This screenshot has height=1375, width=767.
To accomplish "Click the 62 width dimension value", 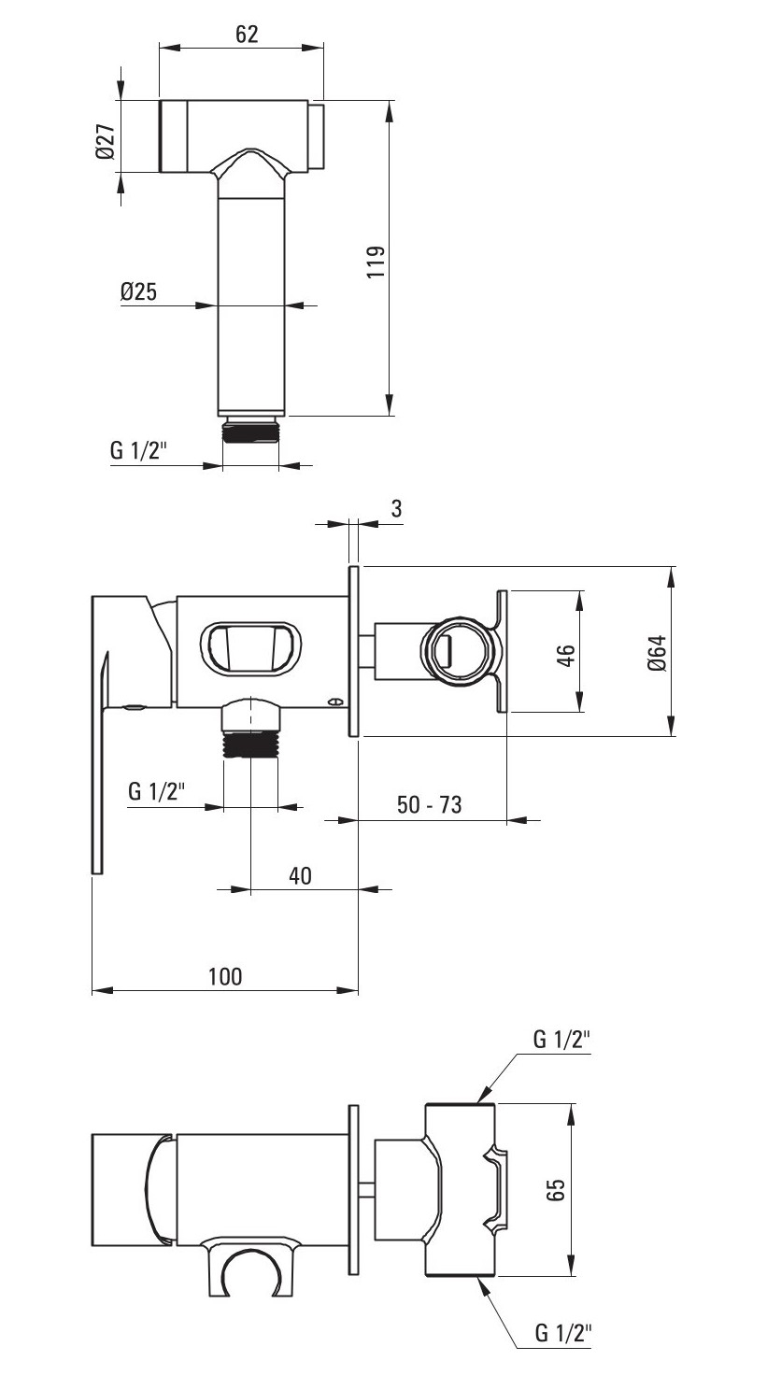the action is [247, 34].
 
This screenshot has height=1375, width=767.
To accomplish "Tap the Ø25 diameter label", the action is [139, 291].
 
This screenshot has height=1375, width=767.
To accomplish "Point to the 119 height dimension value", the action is [376, 262].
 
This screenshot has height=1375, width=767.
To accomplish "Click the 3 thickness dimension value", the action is [397, 508].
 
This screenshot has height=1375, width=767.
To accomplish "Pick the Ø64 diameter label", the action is [657, 653].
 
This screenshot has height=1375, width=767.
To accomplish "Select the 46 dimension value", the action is [566, 655].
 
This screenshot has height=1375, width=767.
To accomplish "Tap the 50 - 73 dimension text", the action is [429, 804].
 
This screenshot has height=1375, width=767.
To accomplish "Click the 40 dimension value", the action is [300, 875].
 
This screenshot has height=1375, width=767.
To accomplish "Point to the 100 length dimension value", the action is [225, 976].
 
